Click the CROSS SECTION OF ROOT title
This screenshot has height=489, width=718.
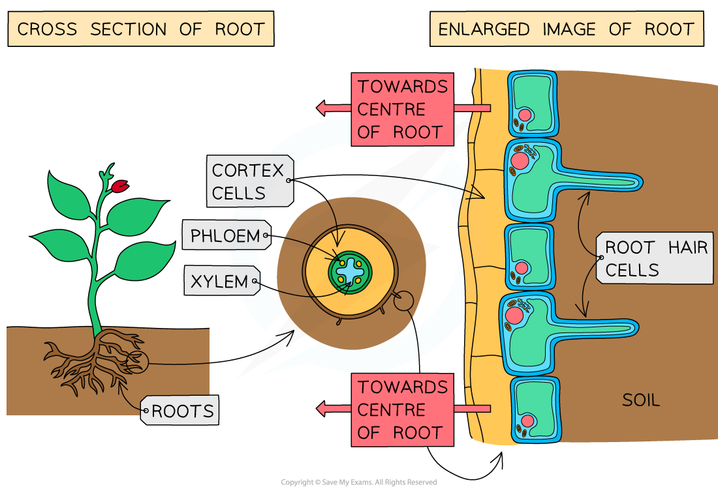pyautogui.click(x=140, y=29)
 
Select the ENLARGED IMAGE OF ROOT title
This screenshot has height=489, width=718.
pyautogui.click(x=566, y=29)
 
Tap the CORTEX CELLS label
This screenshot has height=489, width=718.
pyautogui.click(x=249, y=181)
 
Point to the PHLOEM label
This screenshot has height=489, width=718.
pyautogui.click(x=226, y=235)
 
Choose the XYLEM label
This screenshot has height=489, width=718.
pyautogui.click(x=220, y=282)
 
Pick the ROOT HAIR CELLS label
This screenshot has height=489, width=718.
pyautogui.click(x=655, y=259)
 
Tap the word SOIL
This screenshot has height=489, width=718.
pyautogui.click(x=640, y=400)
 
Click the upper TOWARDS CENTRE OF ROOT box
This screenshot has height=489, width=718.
pyautogui.click(x=403, y=109)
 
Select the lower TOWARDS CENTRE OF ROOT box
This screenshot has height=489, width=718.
pyautogui.click(x=403, y=409)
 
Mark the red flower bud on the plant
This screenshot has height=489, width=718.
pyautogui.click(x=119, y=187)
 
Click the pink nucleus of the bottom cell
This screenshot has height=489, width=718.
pyautogui.click(x=527, y=421)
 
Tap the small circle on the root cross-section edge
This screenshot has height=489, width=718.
pyautogui.click(x=403, y=301)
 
